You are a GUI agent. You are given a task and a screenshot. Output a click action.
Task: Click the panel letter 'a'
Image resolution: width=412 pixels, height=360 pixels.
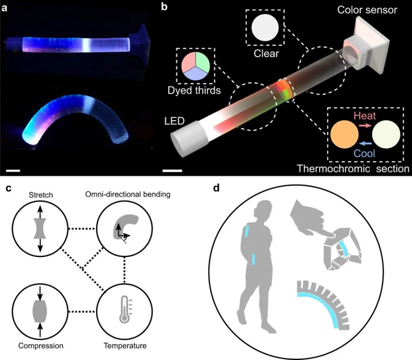point(4,8)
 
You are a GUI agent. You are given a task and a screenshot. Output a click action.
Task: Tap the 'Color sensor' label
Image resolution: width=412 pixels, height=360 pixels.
point(367,10)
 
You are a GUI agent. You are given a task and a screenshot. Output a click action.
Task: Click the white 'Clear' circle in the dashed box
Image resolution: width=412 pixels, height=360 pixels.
point(265,27)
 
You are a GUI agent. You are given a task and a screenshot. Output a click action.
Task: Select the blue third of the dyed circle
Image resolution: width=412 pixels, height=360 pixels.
point(196,74)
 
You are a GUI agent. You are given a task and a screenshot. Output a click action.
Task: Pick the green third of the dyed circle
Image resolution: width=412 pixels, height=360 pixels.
point(203,62)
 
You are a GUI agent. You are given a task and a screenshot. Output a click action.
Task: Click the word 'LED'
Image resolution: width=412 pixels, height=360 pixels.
point(175,121)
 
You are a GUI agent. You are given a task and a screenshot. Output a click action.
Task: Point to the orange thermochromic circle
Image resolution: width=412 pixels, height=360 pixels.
point(344,134)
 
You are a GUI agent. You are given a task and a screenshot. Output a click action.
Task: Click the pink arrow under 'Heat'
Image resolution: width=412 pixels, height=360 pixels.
point(365,126)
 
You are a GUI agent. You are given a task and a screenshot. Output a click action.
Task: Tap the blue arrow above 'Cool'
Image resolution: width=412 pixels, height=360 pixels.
point(365,143)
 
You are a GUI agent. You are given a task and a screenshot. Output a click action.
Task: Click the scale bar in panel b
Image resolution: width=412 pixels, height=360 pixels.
point(172,171)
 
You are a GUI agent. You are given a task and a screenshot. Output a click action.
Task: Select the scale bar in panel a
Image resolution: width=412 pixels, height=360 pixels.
point(13,171)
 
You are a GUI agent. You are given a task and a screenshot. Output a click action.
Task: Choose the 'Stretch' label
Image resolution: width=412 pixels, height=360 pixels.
point(41,195)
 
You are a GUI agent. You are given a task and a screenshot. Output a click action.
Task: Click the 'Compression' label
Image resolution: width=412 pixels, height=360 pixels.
point(41,345)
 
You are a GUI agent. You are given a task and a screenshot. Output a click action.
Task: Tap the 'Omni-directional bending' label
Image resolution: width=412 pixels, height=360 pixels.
point(128,194)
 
